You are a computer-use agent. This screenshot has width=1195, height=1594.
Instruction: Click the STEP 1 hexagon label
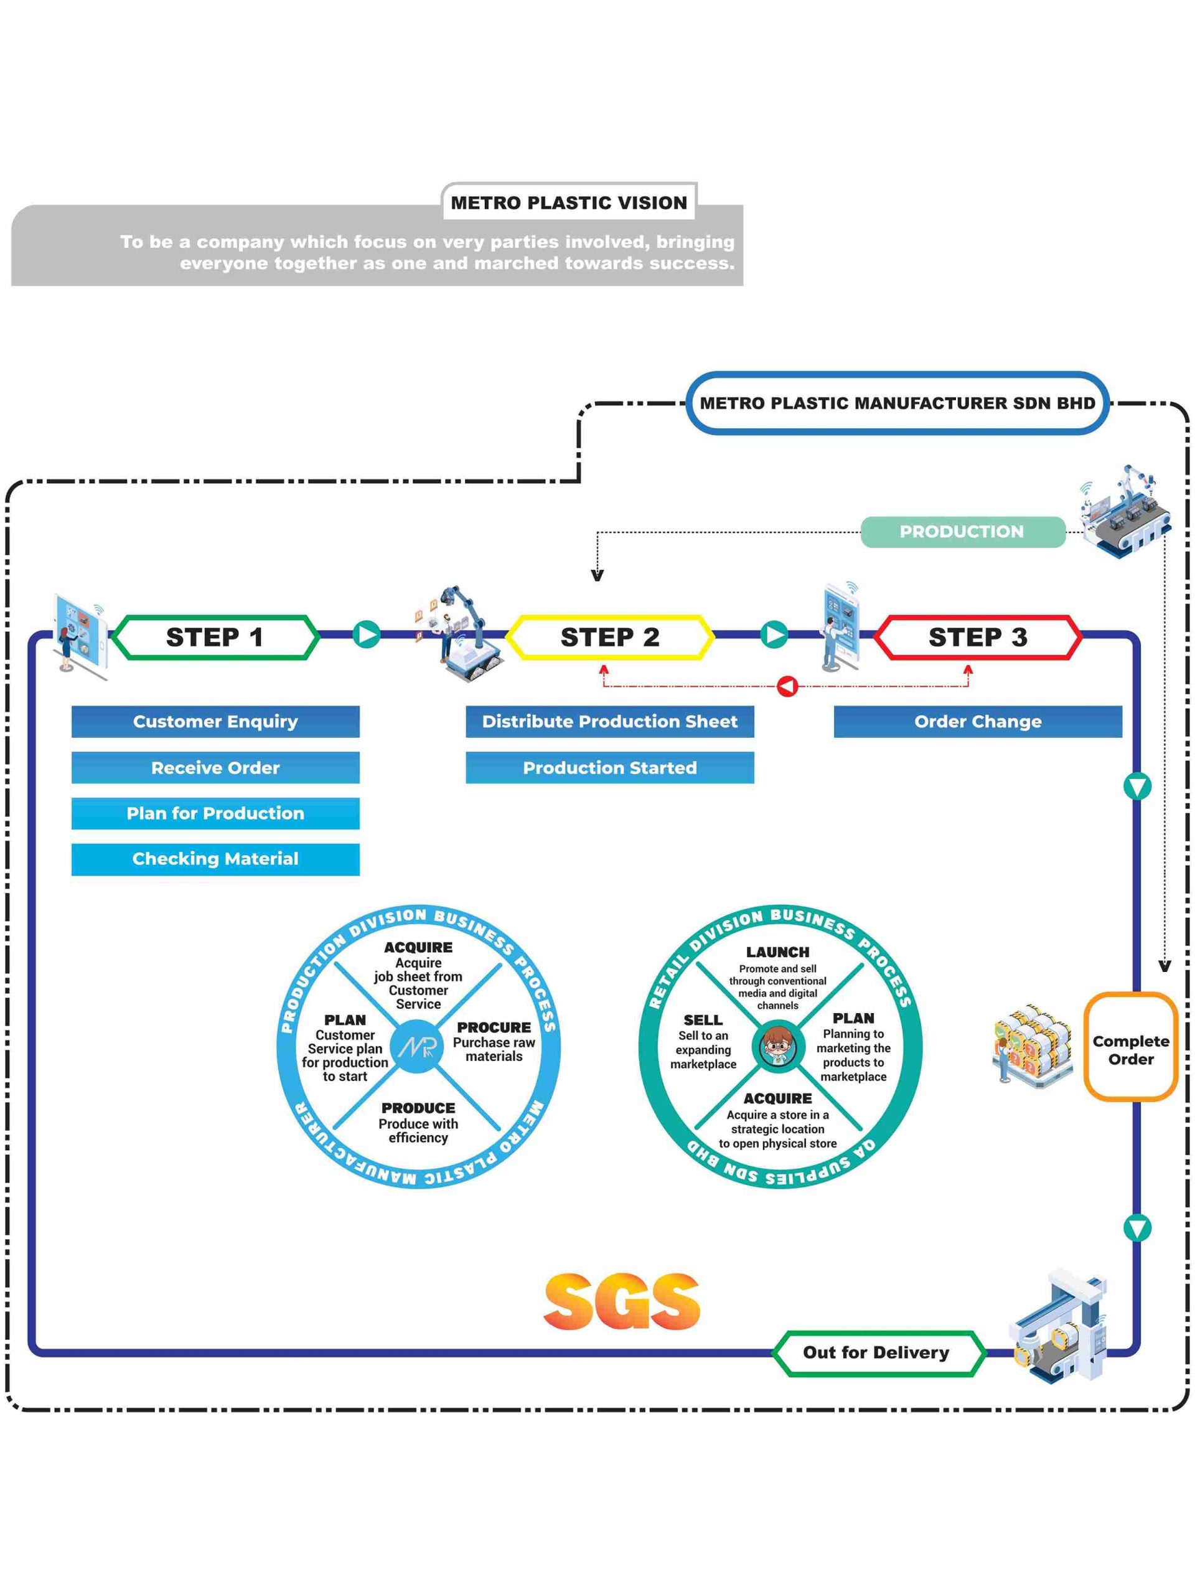[x=215, y=637]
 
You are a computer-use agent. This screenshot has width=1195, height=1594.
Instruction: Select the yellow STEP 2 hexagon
[x=609, y=637]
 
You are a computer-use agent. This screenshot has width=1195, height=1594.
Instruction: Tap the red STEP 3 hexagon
[x=977, y=637]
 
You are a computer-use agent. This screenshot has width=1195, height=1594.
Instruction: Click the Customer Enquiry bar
[x=215, y=721]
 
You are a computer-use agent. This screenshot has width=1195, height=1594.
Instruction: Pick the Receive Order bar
[x=215, y=768]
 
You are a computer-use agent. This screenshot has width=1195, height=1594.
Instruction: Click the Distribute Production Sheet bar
[x=609, y=721]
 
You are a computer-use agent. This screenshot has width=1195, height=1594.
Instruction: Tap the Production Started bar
[x=609, y=768]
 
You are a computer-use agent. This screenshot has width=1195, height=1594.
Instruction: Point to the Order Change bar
[x=977, y=721]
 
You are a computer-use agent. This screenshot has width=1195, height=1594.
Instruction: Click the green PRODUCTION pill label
[x=962, y=532]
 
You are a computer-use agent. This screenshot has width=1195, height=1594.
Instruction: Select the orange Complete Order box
[x=1130, y=1050]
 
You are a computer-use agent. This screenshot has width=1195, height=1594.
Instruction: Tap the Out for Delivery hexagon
[x=876, y=1352]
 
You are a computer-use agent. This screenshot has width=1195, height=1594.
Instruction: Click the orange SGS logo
[x=622, y=1301]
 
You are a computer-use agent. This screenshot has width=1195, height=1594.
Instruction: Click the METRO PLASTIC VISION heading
[x=569, y=202]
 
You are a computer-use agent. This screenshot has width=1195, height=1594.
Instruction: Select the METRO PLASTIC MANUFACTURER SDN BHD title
[x=897, y=403]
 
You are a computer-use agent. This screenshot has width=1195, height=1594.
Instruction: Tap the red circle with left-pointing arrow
[x=788, y=686]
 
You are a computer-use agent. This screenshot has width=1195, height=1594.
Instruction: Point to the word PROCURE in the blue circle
[x=494, y=1027]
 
